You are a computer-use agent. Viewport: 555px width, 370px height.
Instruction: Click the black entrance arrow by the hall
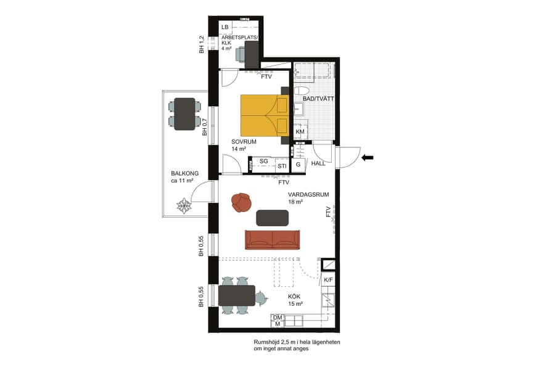(x=367, y=158)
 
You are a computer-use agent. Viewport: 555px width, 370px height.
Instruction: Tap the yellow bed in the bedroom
(x=264, y=115)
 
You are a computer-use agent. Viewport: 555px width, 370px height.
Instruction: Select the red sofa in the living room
(x=272, y=239)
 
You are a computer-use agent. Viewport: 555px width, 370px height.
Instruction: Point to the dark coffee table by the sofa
(x=272, y=218)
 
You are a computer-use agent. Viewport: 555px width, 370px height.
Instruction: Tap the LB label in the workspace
(x=225, y=27)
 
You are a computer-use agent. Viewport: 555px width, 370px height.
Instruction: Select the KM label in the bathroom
(x=300, y=132)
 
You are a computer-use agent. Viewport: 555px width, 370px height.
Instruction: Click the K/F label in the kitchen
(x=329, y=281)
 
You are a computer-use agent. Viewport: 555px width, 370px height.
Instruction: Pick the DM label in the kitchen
(x=277, y=317)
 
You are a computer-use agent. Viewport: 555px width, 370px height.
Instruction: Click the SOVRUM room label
(x=244, y=141)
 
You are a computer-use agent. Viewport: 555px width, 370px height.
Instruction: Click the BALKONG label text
(x=185, y=174)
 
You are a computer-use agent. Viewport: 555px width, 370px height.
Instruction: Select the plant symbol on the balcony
(x=184, y=205)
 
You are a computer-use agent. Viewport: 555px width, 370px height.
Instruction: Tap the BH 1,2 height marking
(x=202, y=45)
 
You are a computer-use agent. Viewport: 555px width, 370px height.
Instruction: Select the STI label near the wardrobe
(x=282, y=166)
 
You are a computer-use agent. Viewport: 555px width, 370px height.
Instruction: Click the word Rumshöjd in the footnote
(x=268, y=342)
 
